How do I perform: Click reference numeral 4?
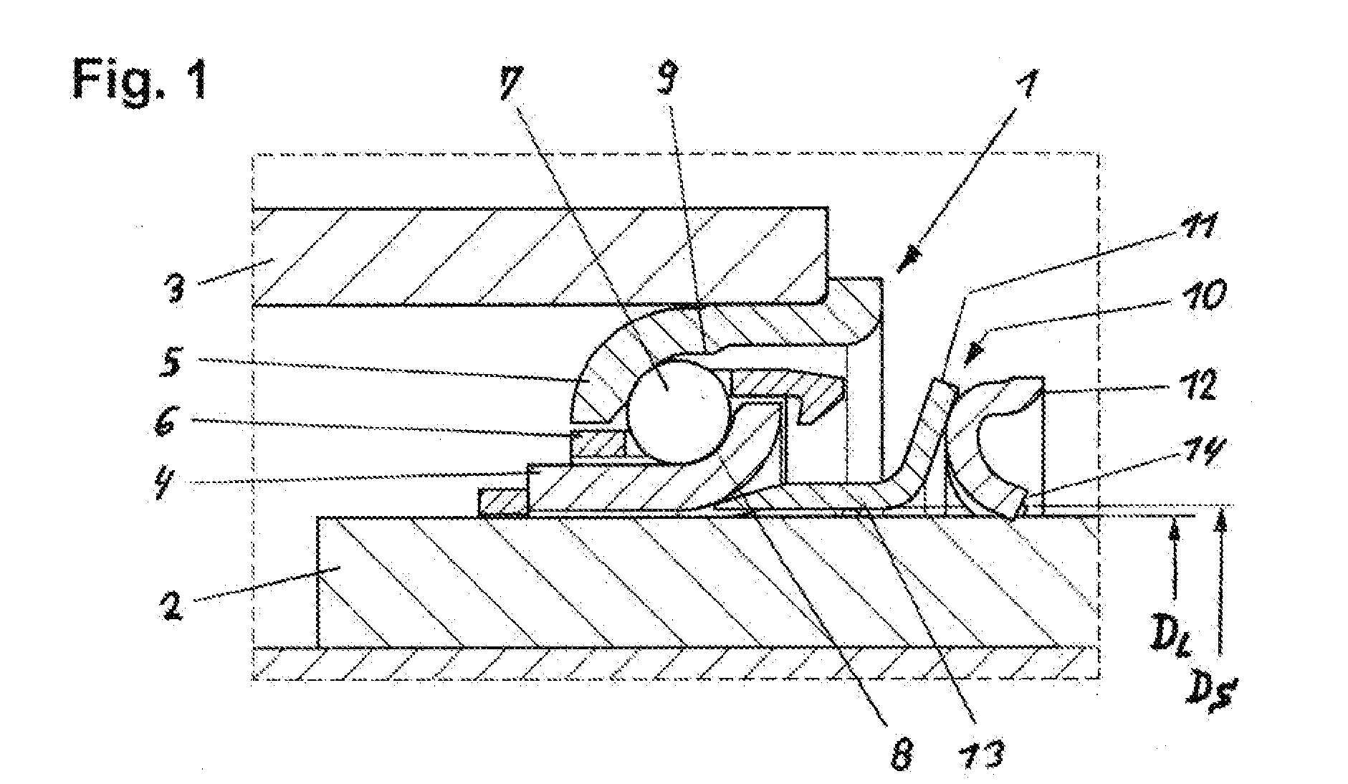tap(167, 487)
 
